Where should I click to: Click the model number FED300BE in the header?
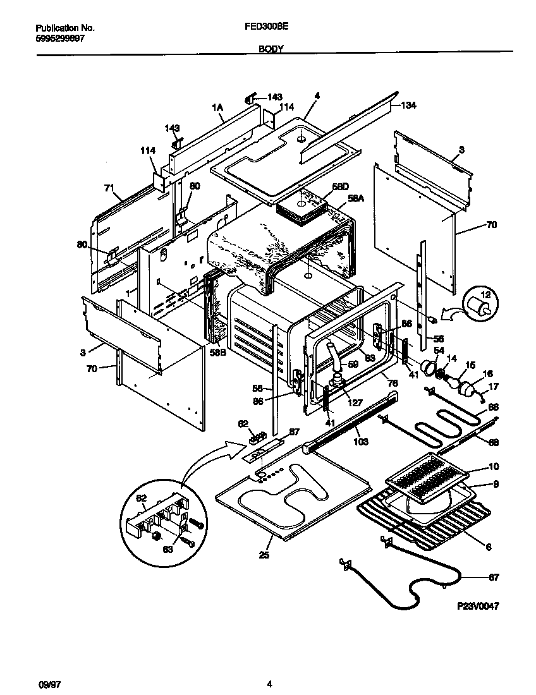click(x=262, y=28)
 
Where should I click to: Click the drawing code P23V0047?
click(x=478, y=606)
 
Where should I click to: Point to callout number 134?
click(x=408, y=106)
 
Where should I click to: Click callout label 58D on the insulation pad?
click(x=340, y=187)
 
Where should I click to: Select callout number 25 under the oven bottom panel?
click(x=264, y=556)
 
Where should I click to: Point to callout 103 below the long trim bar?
click(x=360, y=442)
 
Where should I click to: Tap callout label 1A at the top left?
click(x=219, y=107)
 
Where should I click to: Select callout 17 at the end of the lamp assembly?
click(x=494, y=387)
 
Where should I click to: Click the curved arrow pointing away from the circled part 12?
click(x=454, y=312)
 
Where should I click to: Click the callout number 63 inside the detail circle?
click(x=167, y=550)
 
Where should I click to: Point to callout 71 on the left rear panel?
click(x=109, y=188)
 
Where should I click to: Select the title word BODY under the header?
click(x=270, y=48)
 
